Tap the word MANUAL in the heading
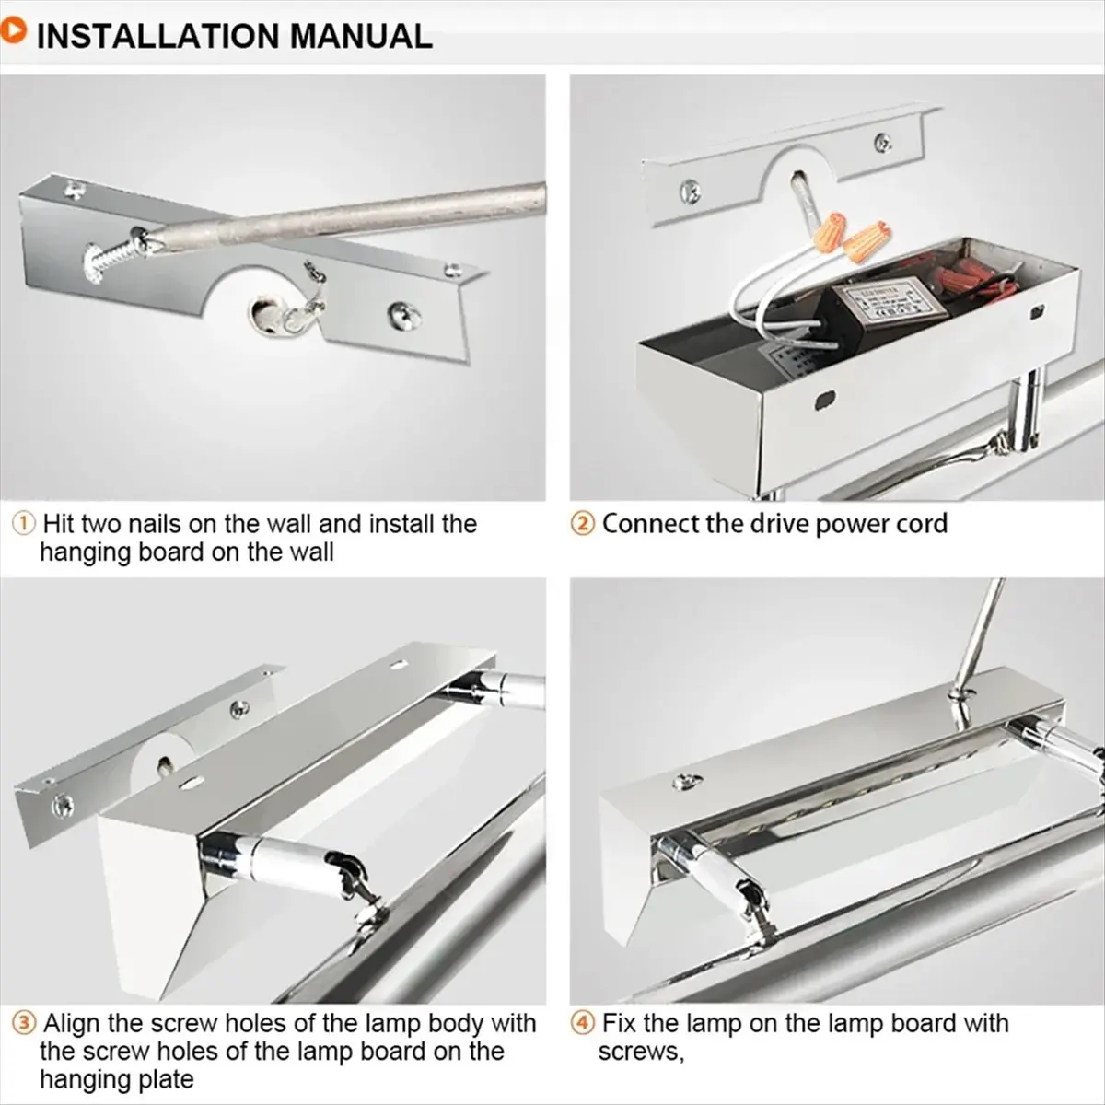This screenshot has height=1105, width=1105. point(361,37)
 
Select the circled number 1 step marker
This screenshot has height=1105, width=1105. point(24,525)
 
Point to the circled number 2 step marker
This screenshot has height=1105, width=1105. point(582,525)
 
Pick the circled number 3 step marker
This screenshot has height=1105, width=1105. point(24,1024)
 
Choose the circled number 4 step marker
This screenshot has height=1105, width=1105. point(582,1024)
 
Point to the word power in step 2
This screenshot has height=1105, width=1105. point(849,525)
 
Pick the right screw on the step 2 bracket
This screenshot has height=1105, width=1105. point(883,142)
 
